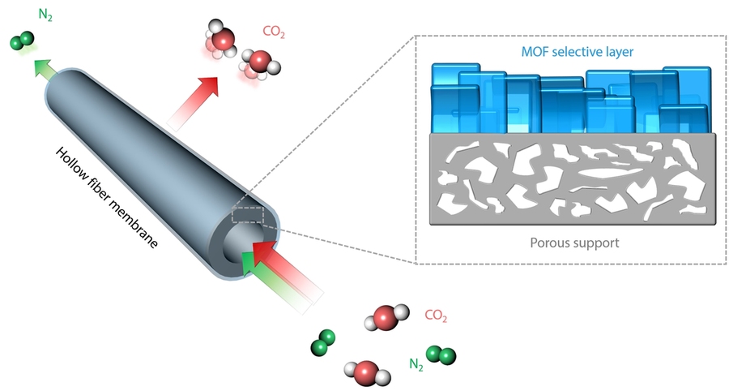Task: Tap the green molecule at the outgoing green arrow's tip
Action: pos(22,41)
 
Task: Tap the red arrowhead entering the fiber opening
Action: pos(264,255)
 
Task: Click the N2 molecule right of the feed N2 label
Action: pos(441,355)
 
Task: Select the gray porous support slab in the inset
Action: pos(571,178)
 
